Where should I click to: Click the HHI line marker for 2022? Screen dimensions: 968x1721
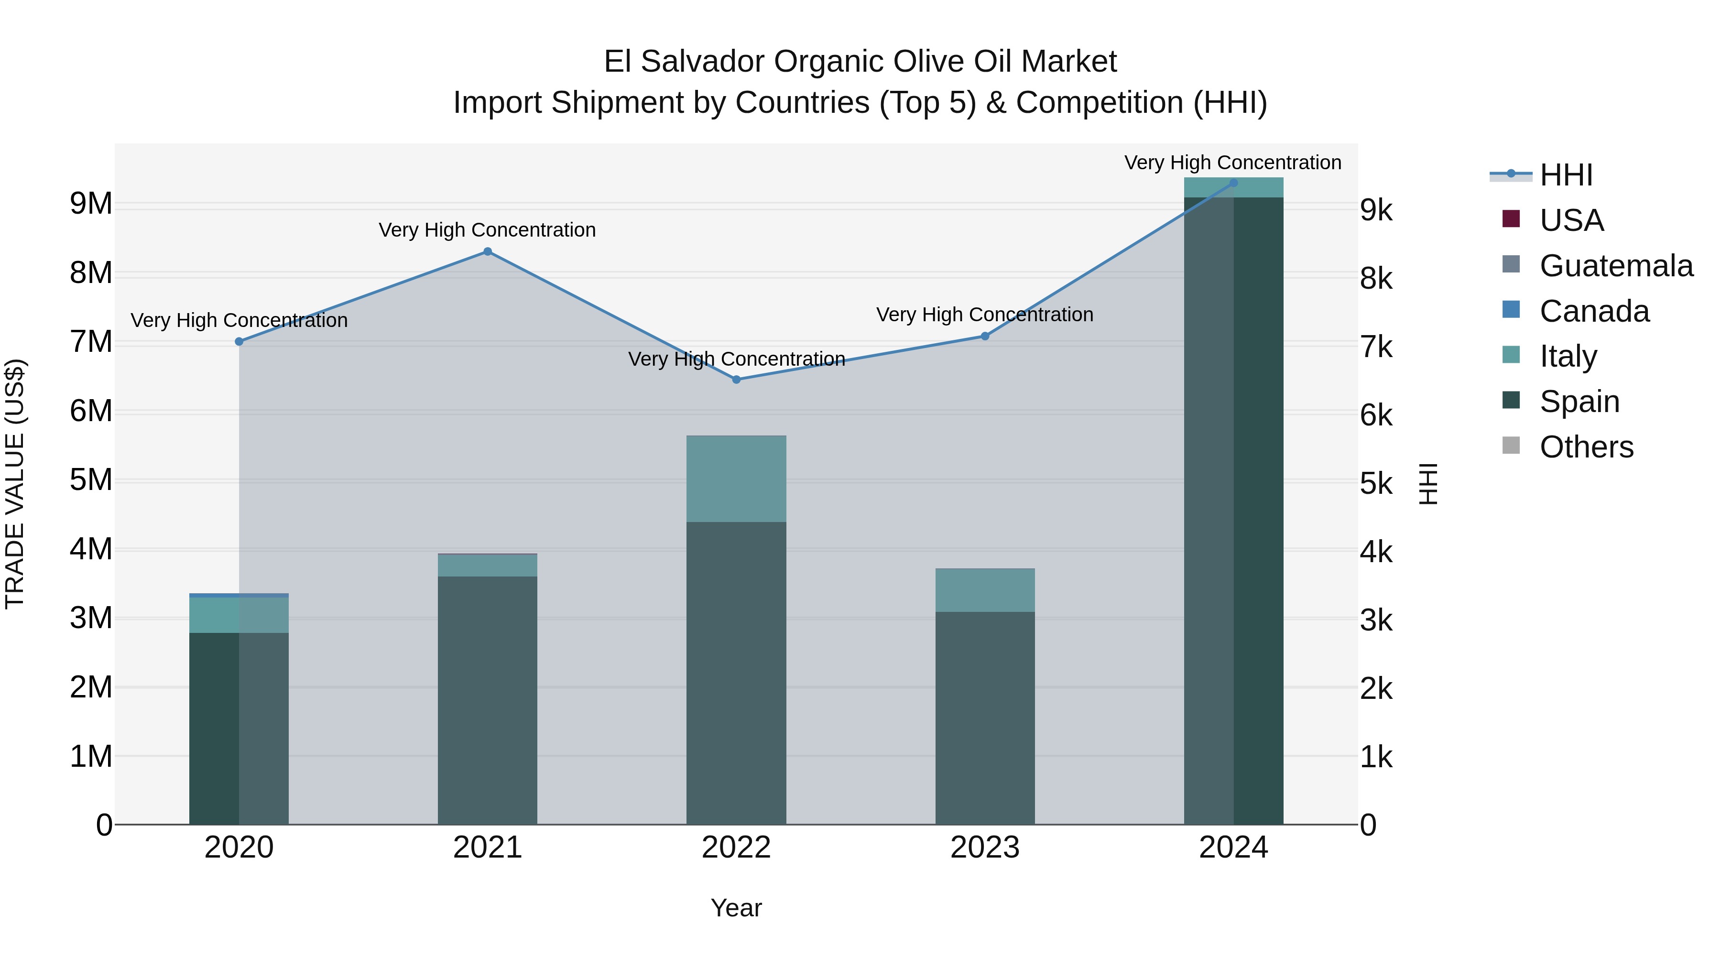coord(736,380)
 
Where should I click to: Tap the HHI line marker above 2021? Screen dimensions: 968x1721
coord(488,252)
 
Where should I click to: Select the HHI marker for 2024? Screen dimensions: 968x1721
coord(1233,183)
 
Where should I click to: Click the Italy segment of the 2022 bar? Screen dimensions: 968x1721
coord(736,479)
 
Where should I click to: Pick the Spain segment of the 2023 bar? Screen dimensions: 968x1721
coord(985,718)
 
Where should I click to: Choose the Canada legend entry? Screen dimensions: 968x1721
coord(1594,311)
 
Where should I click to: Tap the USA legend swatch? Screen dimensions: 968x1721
coord(1511,219)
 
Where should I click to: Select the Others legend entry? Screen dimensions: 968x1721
coord(1586,447)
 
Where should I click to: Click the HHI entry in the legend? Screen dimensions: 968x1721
coord(1565,175)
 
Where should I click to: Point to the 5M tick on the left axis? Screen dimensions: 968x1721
coord(91,480)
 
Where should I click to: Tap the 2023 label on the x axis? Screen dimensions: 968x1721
coord(985,848)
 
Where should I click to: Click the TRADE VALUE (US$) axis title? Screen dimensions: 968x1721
coord(15,484)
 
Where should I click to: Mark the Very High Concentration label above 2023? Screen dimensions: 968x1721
coord(985,315)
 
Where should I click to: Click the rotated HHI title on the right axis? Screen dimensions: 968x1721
coord(1427,484)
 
